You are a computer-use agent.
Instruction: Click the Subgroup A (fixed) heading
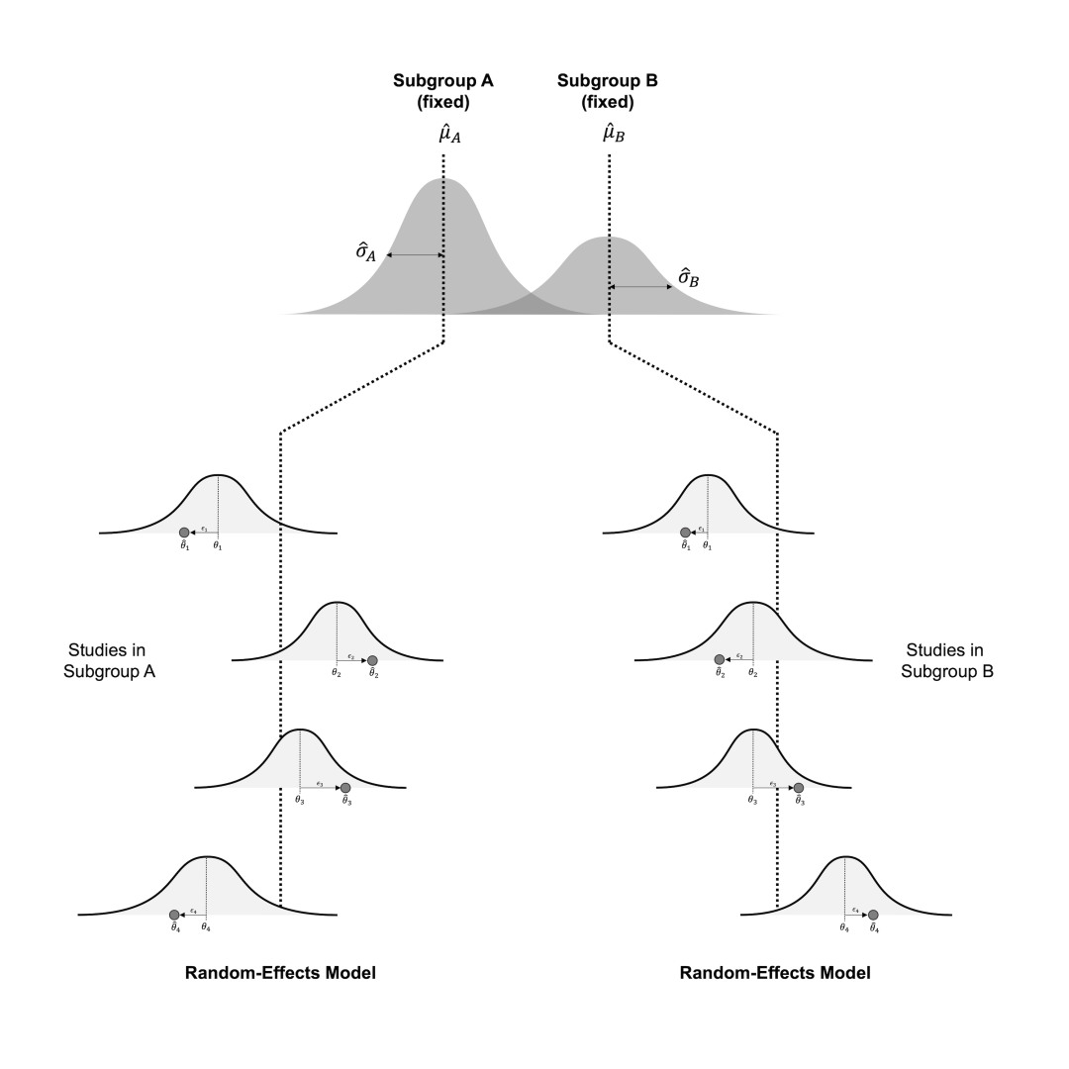point(443,91)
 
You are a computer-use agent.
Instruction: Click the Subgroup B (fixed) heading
point(608,91)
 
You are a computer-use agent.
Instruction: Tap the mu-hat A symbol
point(449,134)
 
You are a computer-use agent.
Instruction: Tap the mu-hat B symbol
point(614,134)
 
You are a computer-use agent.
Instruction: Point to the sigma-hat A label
point(366,251)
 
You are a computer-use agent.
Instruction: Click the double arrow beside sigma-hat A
point(415,255)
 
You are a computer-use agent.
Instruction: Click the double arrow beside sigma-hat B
point(640,287)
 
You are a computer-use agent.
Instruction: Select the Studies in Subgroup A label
point(110,660)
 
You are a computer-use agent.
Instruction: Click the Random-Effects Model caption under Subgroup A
point(280,973)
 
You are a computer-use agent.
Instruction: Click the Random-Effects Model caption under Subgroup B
point(775,973)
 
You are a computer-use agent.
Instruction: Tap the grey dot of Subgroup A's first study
point(184,533)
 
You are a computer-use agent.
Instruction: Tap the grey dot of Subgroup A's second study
point(372,660)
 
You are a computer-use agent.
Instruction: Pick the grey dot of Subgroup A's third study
point(345,788)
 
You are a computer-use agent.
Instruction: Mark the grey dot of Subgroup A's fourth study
point(174,915)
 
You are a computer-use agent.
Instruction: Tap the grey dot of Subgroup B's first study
point(685,533)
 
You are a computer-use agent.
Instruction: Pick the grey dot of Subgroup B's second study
point(720,659)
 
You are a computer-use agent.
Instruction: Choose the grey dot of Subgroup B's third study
point(799,788)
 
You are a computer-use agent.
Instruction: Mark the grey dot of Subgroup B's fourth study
point(873,915)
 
